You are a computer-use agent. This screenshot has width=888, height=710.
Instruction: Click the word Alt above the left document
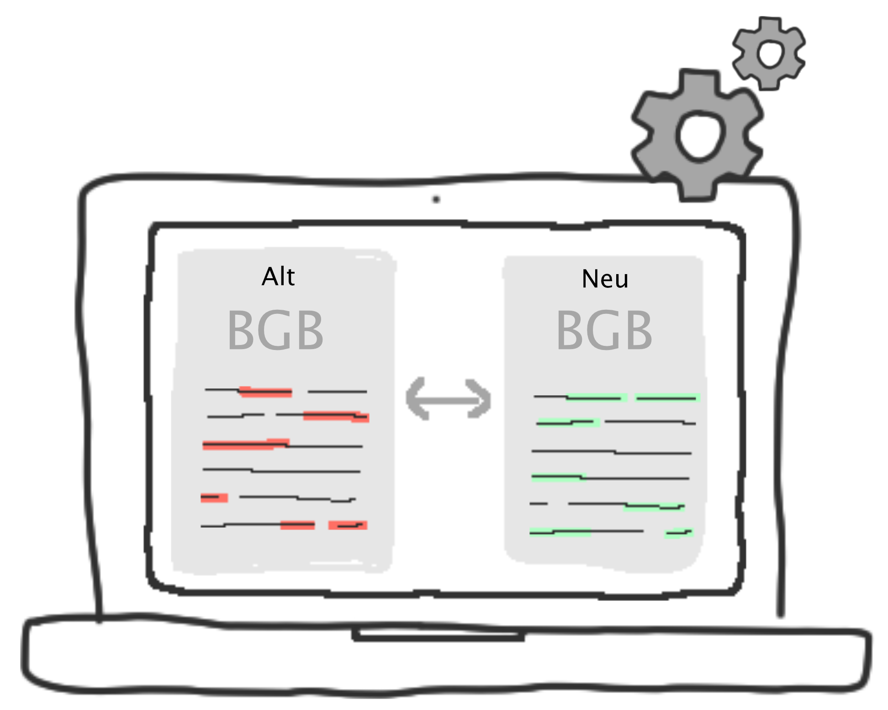click(x=278, y=276)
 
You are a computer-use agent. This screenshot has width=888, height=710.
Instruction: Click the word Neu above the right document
click(x=605, y=279)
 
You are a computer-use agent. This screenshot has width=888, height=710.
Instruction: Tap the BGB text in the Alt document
click(x=275, y=330)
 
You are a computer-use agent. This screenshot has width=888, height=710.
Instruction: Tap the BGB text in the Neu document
click(x=604, y=330)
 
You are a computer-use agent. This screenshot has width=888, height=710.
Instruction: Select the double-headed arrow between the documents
click(x=449, y=399)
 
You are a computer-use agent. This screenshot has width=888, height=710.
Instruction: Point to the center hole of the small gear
click(x=770, y=53)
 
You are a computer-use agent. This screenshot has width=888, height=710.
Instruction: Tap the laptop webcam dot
click(x=436, y=200)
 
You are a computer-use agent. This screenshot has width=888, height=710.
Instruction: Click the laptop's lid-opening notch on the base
click(x=438, y=634)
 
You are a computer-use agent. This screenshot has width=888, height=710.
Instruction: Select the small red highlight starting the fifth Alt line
click(x=214, y=498)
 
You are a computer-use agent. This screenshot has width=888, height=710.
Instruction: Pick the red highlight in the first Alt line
click(x=266, y=392)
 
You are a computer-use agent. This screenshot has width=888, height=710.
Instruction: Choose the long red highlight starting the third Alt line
click(x=245, y=444)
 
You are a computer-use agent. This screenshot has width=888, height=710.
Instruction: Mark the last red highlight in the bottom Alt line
click(x=348, y=525)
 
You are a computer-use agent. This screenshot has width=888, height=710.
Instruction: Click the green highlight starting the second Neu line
click(x=568, y=423)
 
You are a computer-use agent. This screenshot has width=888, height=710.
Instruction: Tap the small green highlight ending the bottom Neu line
click(x=679, y=533)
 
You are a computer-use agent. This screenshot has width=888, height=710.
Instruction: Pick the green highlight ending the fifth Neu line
click(x=654, y=506)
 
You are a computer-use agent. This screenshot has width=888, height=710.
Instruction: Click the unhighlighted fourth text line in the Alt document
click(x=281, y=470)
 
